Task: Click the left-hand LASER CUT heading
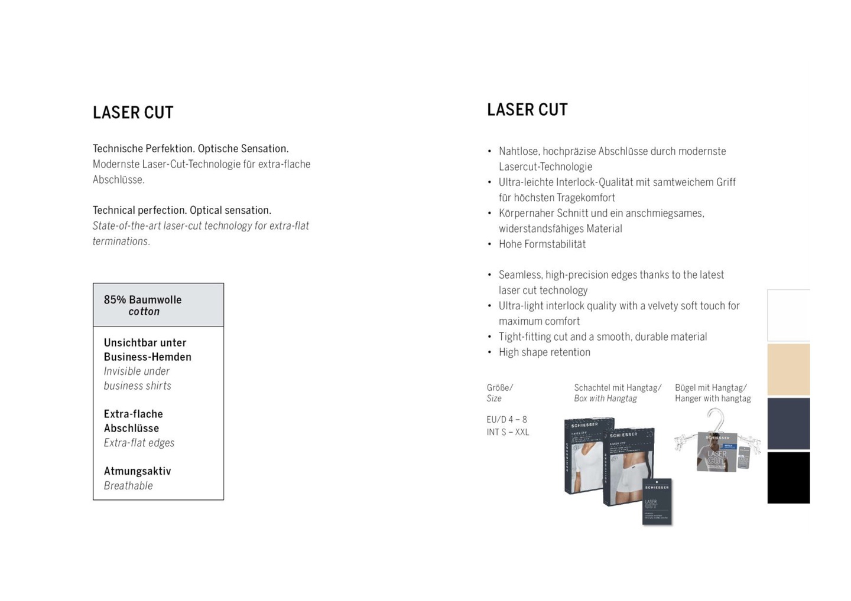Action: (x=133, y=113)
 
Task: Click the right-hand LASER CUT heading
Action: (x=527, y=110)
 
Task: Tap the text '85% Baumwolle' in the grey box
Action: (x=142, y=300)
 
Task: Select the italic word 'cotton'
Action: (x=144, y=312)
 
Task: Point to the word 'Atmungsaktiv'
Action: (x=137, y=471)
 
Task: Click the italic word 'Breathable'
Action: (x=128, y=486)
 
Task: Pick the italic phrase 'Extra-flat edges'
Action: (x=139, y=443)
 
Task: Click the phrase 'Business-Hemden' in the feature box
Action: (x=147, y=357)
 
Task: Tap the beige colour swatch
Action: (x=788, y=370)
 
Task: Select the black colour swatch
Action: (x=788, y=478)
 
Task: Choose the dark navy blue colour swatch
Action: (x=788, y=423)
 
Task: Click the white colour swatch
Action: (x=788, y=315)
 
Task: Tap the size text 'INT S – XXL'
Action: (x=508, y=432)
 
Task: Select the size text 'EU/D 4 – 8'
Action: (x=506, y=420)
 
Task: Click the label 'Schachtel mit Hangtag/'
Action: (x=618, y=388)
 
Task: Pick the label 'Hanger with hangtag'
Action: (x=713, y=399)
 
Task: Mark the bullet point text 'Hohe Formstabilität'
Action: (x=542, y=244)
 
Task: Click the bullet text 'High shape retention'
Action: (x=544, y=352)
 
